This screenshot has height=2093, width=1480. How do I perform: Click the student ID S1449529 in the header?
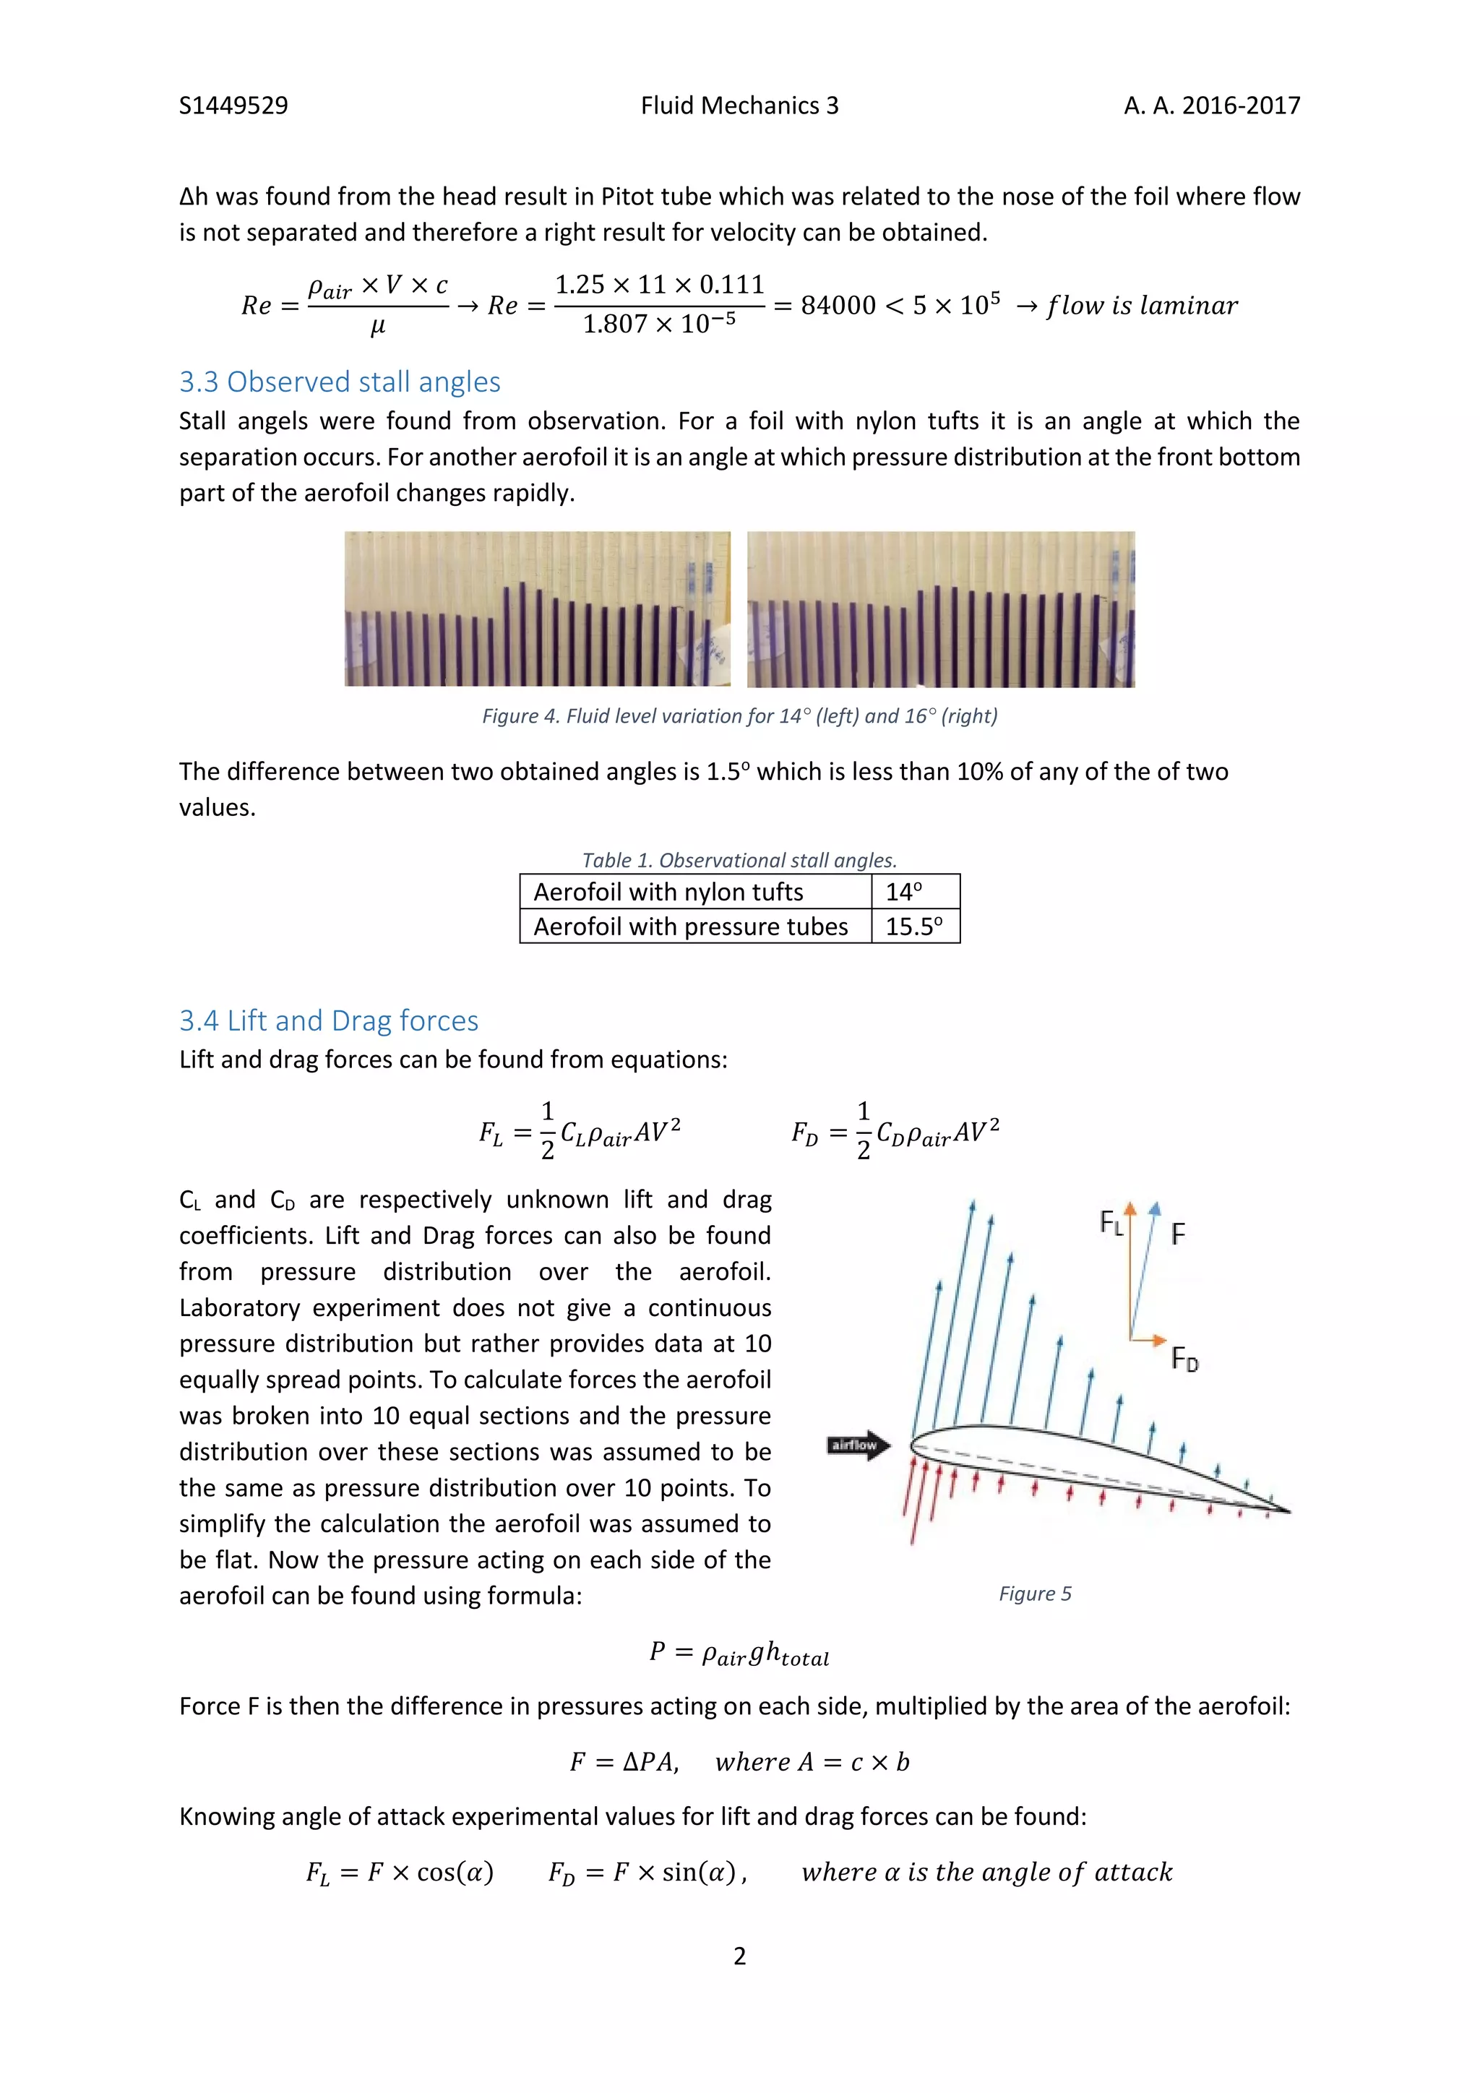pos(233,106)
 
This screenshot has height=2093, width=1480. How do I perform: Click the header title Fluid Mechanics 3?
pos(739,106)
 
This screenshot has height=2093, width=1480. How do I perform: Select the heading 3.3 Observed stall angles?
pos(339,381)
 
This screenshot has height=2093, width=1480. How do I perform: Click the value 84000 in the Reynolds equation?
pos(838,306)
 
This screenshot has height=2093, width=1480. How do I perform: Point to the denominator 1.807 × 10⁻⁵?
pos(659,325)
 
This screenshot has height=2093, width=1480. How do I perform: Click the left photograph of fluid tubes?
pos(537,609)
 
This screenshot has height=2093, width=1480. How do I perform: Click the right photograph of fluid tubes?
pos(940,609)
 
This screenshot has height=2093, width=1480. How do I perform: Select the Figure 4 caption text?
pos(739,715)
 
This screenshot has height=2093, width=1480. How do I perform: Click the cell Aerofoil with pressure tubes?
pos(690,927)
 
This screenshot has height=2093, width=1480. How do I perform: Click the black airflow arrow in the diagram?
pos(859,1445)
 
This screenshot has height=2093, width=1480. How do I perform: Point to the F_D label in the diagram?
pos(1184,1359)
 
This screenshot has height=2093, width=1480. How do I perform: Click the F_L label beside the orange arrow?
pos(1111,1222)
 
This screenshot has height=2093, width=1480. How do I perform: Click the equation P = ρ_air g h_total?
pos(739,1653)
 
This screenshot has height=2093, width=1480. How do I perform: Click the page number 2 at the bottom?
pos(739,1956)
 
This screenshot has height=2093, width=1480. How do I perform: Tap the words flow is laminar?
pos(1142,306)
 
